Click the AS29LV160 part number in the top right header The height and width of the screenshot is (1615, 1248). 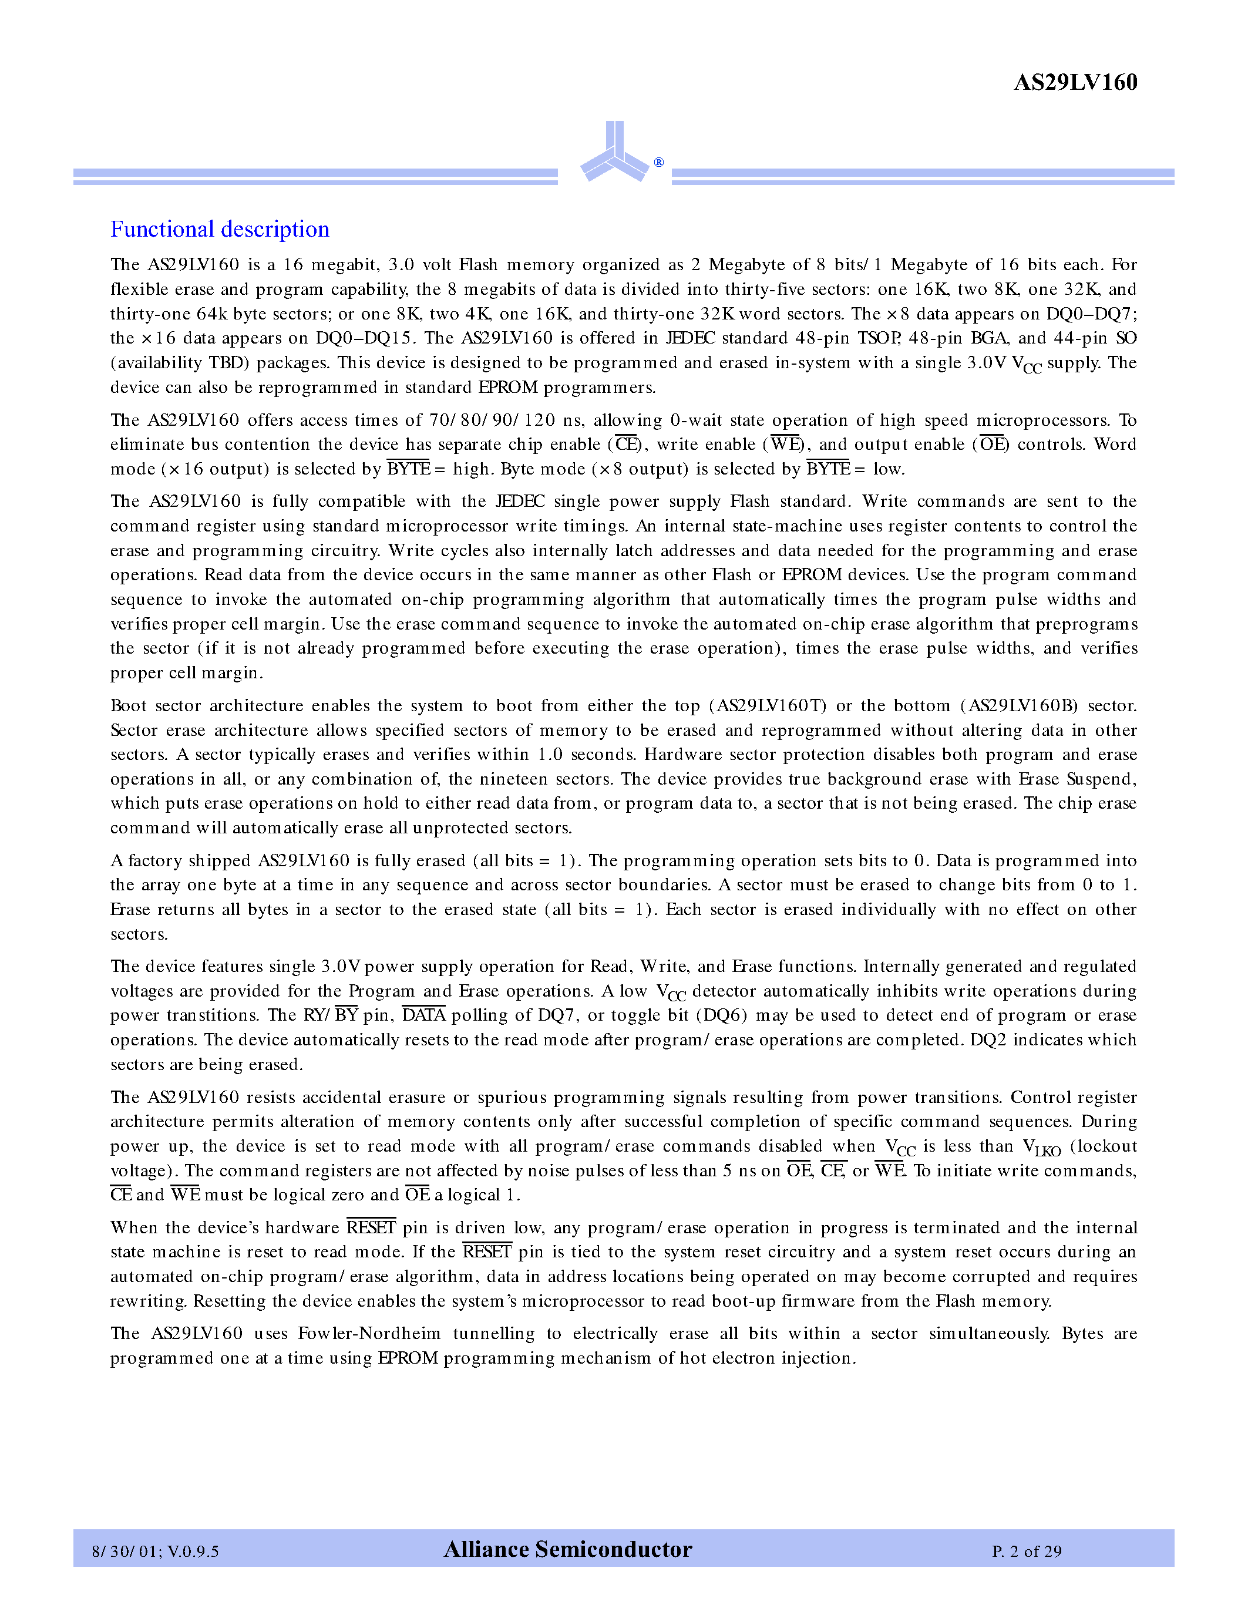1074,82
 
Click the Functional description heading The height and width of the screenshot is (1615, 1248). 220,229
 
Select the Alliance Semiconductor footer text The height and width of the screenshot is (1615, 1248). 568,1549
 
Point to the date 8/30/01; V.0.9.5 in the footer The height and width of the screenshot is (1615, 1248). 155,1550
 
